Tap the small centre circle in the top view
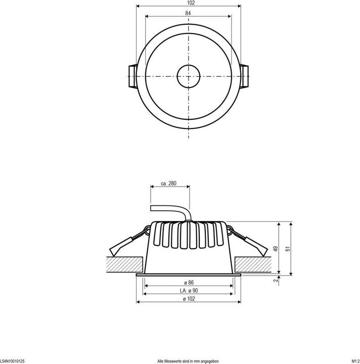[188, 77]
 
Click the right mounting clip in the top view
[245, 77]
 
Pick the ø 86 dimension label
[188, 281]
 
